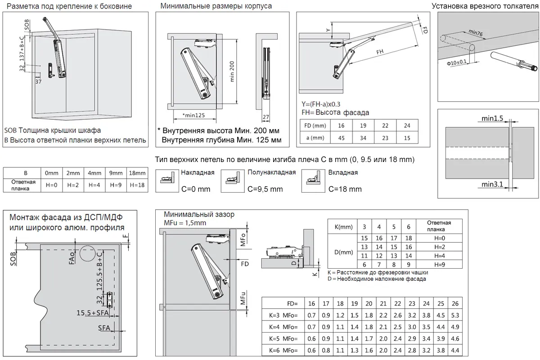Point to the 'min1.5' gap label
point(492,119)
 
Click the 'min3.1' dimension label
point(492,184)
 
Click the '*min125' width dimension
point(194,115)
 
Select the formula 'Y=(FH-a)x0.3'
point(327,104)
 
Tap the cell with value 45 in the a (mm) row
point(341,138)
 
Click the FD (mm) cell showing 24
point(407,126)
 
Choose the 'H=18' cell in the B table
point(138,185)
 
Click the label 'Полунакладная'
point(271,172)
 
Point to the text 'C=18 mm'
point(345,189)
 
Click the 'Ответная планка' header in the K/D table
point(438,225)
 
